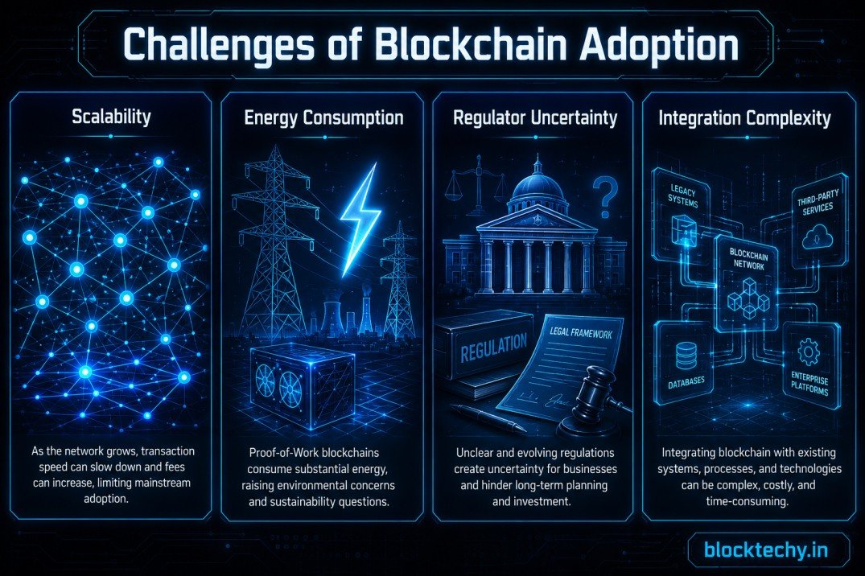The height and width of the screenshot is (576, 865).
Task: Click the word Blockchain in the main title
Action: [x=472, y=45]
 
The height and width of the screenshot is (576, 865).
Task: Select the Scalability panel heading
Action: [x=111, y=117]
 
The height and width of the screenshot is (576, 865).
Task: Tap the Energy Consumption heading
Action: [x=323, y=117]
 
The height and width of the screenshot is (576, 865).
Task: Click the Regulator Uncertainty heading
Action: [x=535, y=117]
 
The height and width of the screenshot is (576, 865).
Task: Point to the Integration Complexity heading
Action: [x=745, y=117]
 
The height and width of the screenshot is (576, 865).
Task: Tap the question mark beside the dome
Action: [x=605, y=198]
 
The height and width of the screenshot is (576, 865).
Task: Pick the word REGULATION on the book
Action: [x=494, y=347]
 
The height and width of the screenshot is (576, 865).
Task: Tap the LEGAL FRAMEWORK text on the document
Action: [x=581, y=333]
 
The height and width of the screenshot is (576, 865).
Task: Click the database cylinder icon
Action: [x=686, y=356]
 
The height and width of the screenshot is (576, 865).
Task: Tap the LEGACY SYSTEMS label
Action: [x=683, y=196]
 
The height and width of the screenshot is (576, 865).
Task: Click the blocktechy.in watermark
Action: [x=766, y=550]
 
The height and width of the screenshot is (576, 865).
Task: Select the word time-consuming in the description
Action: [x=747, y=501]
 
